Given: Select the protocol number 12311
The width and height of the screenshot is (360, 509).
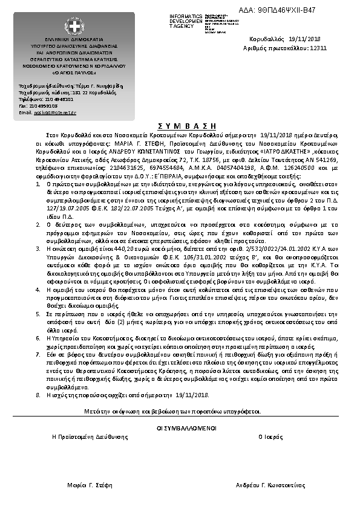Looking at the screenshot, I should tap(318, 47).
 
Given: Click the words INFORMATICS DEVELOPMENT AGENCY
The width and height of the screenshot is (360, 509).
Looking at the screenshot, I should tap(186, 21).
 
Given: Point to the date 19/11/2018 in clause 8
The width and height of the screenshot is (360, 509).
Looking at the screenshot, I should tap(193, 395).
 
